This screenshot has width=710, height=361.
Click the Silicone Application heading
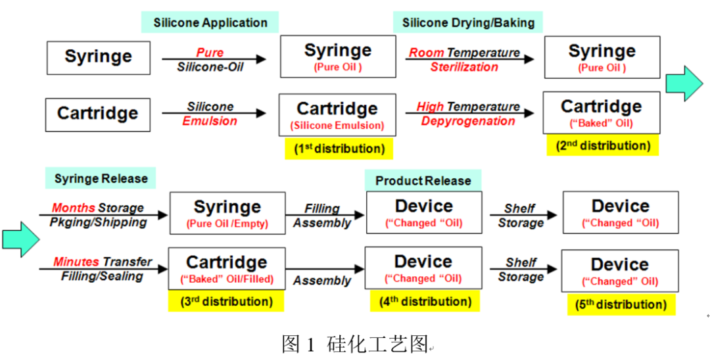pyautogui.click(x=210, y=22)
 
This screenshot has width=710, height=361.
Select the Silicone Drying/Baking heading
pyautogui.click(x=468, y=22)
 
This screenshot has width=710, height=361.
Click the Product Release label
pyautogui.click(x=423, y=180)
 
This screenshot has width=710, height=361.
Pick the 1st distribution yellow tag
pyautogui.click(x=339, y=149)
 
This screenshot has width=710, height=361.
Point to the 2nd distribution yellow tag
pyautogui.click(x=603, y=145)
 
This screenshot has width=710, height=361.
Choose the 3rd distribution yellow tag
pyautogui.click(x=226, y=302)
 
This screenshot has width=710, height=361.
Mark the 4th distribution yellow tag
pyautogui.click(x=425, y=302)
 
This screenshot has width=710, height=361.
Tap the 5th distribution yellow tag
pyautogui.click(x=621, y=304)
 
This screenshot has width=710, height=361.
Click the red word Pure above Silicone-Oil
pyautogui.click(x=210, y=53)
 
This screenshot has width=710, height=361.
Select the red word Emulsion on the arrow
pyautogui.click(x=210, y=121)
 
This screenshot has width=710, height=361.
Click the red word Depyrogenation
pyautogui.click(x=468, y=121)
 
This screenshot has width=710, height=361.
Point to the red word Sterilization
pyautogui.click(x=464, y=67)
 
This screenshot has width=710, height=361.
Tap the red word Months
pyautogui.click(x=74, y=208)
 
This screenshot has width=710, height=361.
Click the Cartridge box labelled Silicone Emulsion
pyautogui.click(x=337, y=114)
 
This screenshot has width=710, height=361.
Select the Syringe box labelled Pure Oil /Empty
pyautogui.click(x=227, y=213)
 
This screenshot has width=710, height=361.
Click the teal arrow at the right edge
pyautogui.click(x=684, y=83)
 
